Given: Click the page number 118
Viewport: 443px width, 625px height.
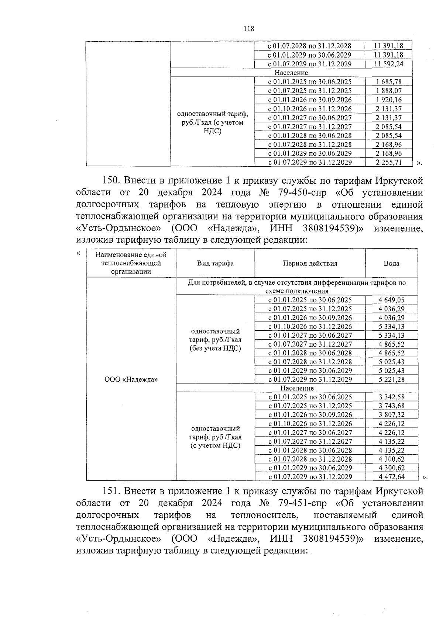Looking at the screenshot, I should click(x=249, y=29).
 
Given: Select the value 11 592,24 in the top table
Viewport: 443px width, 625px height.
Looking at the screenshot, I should click(x=388, y=64).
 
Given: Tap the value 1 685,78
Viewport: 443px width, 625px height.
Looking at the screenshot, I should click(x=388, y=82).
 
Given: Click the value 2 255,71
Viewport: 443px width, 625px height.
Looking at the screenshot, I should click(x=388, y=163).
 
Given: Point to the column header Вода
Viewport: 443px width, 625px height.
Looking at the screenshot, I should click(x=391, y=263).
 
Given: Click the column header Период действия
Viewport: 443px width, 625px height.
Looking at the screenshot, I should click(x=310, y=263).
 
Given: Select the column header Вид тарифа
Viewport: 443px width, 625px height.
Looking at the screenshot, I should click(x=215, y=263).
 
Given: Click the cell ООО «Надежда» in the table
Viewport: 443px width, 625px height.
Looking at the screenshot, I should click(x=131, y=379).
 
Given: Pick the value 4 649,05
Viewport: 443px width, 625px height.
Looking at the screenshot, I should click(x=391, y=300).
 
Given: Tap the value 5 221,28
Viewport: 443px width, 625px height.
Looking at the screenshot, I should click(x=391, y=379).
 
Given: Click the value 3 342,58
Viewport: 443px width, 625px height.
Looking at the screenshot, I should click(x=391, y=397).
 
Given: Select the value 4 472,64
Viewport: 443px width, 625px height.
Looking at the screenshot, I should click(x=391, y=477).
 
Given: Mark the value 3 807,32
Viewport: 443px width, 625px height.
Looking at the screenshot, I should click(x=391, y=415).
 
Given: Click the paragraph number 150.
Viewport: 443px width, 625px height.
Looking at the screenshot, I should click(x=110, y=181).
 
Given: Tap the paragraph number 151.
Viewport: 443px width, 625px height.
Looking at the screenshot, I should click(x=110, y=492).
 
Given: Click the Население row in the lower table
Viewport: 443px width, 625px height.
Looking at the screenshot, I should click(x=297, y=388).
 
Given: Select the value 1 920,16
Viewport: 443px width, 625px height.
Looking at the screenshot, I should click(x=388, y=100).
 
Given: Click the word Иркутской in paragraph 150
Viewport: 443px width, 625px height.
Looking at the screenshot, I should click(x=399, y=181).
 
